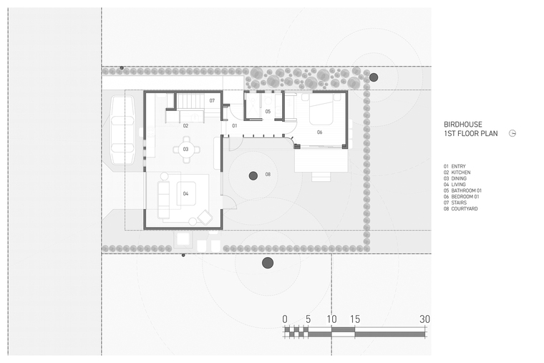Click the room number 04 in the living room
click(x=185, y=193)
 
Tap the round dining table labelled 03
click(x=186, y=150)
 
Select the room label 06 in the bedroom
click(x=319, y=132)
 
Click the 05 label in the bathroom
click(x=268, y=112)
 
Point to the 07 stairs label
click(x=212, y=101)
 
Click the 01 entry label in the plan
click(x=235, y=125)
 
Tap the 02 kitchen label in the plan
click(x=185, y=125)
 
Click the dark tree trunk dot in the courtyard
click(x=253, y=175)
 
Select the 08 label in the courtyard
click(x=268, y=174)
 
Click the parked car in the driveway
click(x=122, y=130)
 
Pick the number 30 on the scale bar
click(x=424, y=319)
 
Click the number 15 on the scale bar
click(x=355, y=319)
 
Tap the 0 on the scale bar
click(x=285, y=319)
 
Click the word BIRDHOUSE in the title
click(x=463, y=125)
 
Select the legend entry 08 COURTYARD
click(x=460, y=209)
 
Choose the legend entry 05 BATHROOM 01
click(x=462, y=190)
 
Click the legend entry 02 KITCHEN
click(x=457, y=173)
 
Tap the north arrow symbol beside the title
click(x=513, y=133)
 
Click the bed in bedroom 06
click(x=321, y=110)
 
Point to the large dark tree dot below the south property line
click(x=268, y=263)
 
